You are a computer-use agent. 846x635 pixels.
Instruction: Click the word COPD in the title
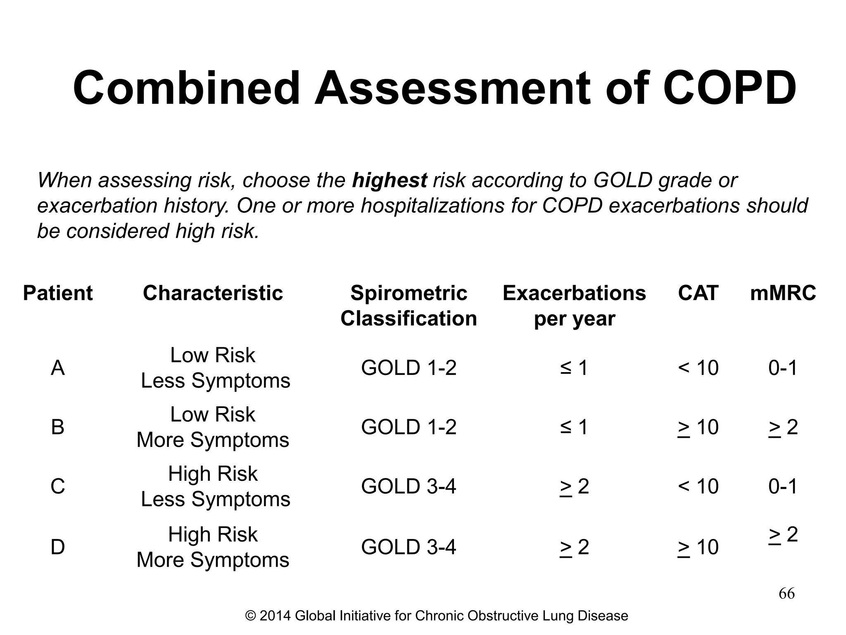[x=729, y=88]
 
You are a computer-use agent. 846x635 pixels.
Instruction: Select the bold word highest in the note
[x=389, y=180]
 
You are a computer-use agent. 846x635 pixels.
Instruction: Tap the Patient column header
[x=58, y=293]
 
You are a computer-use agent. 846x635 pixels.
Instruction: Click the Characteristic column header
[x=213, y=293]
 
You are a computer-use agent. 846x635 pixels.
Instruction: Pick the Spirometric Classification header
[x=409, y=306]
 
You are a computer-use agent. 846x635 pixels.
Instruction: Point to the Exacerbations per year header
[x=574, y=306]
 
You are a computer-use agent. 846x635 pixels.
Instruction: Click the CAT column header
[x=698, y=293]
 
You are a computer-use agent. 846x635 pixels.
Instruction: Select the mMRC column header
[x=783, y=293]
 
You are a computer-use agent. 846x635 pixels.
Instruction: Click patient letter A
[x=58, y=368]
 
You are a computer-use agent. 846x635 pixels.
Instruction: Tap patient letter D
[x=58, y=547]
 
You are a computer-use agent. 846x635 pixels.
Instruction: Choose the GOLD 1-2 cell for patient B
[x=409, y=427]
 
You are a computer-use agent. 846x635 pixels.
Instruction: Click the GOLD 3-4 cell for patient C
[x=409, y=486]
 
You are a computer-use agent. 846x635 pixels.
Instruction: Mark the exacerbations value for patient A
[x=574, y=368]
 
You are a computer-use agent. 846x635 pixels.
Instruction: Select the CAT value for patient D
[x=698, y=547]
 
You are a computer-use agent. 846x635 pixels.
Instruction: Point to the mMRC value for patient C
[x=783, y=486]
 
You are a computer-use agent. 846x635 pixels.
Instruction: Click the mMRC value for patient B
[x=783, y=427]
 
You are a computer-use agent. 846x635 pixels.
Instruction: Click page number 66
[x=787, y=594]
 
